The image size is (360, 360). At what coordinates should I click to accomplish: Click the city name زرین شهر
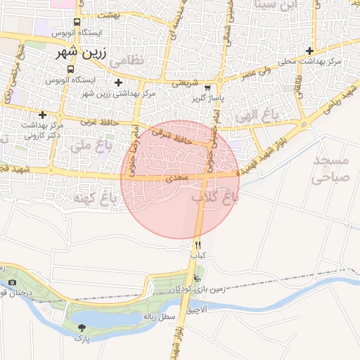click(x=79, y=53)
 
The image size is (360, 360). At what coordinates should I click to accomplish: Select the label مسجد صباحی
click(x=329, y=169)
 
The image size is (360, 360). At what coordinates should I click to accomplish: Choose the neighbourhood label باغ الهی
click(x=259, y=114)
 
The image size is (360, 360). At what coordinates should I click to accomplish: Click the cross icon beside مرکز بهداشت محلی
click(x=309, y=51)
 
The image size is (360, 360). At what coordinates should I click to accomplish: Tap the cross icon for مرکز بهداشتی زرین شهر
click(x=118, y=83)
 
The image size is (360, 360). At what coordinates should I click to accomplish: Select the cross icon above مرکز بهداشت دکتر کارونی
click(x=43, y=114)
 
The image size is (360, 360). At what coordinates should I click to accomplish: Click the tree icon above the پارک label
click(x=83, y=328)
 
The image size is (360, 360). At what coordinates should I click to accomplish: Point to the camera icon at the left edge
click(x=13, y=283)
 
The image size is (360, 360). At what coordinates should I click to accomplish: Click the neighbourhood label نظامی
click(x=127, y=60)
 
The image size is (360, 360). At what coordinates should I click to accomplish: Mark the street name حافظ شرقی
click(x=173, y=132)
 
